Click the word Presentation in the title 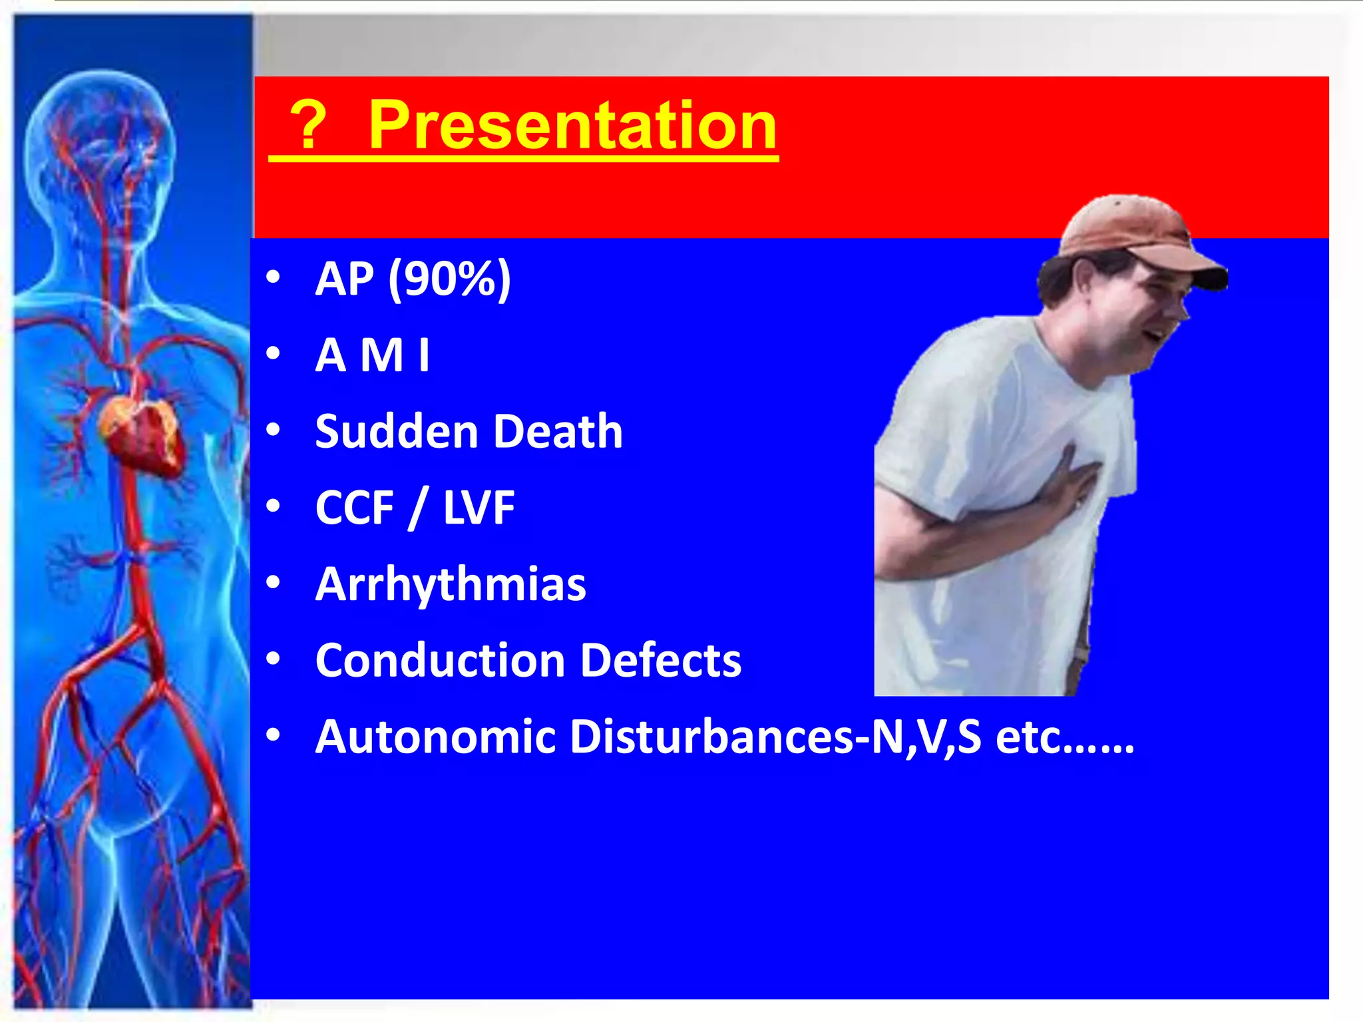click(572, 125)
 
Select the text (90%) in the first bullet click(449, 279)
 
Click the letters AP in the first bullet click(344, 279)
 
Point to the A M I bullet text click(373, 355)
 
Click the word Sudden click(397, 432)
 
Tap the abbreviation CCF click(354, 508)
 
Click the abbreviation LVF click(479, 508)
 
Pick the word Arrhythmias click(451, 585)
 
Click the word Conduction click(440, 661)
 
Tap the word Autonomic click(435, 737)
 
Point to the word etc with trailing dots click(1064, 737)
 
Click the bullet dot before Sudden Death click(273, 430)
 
